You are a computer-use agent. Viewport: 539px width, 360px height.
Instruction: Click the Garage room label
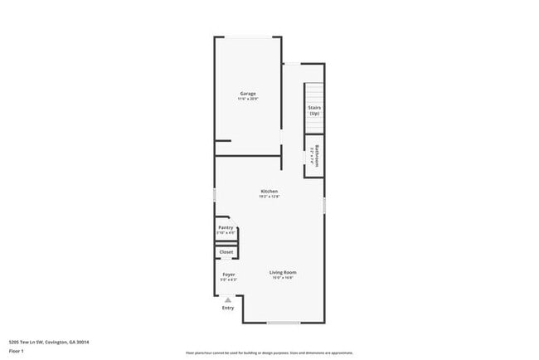coord(248,94)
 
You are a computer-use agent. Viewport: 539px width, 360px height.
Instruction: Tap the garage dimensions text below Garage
coord(248,100)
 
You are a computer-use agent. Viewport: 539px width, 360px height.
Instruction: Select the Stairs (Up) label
coord(313,110)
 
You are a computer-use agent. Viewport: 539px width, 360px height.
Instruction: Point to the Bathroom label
coord(317,156)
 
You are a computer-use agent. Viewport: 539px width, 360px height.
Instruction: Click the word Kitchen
coord(269,192)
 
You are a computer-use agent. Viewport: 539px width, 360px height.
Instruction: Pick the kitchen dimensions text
coord(269,197)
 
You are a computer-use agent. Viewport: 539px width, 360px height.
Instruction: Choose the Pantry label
coord(226,227)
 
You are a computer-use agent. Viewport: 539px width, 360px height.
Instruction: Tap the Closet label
coord(226,252)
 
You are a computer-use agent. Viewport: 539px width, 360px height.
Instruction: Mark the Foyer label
coord(229,274)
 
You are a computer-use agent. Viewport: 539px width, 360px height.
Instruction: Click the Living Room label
coord(283,272)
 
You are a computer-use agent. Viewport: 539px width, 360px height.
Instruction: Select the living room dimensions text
coord(283,278)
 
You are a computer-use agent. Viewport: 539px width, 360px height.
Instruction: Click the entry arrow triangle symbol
coord(228,300)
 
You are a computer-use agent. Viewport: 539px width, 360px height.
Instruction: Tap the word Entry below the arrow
coord(228,309)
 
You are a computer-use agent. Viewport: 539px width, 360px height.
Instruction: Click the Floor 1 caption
coord(17,351)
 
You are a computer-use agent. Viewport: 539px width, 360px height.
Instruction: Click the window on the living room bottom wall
coord(283,323)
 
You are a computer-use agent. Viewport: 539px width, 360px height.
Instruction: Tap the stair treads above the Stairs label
coord(313,93)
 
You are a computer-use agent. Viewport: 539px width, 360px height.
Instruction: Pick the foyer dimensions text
coord(229,280)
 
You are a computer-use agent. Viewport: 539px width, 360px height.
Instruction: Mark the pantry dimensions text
coord(226,233)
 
